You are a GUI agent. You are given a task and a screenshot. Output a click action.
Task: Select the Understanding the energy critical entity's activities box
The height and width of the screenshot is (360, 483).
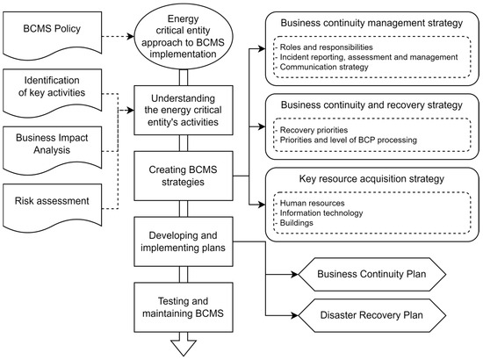click(x=182, y=110)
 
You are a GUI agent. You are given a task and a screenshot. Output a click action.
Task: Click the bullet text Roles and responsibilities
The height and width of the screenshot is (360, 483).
click(x=325, y=47)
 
